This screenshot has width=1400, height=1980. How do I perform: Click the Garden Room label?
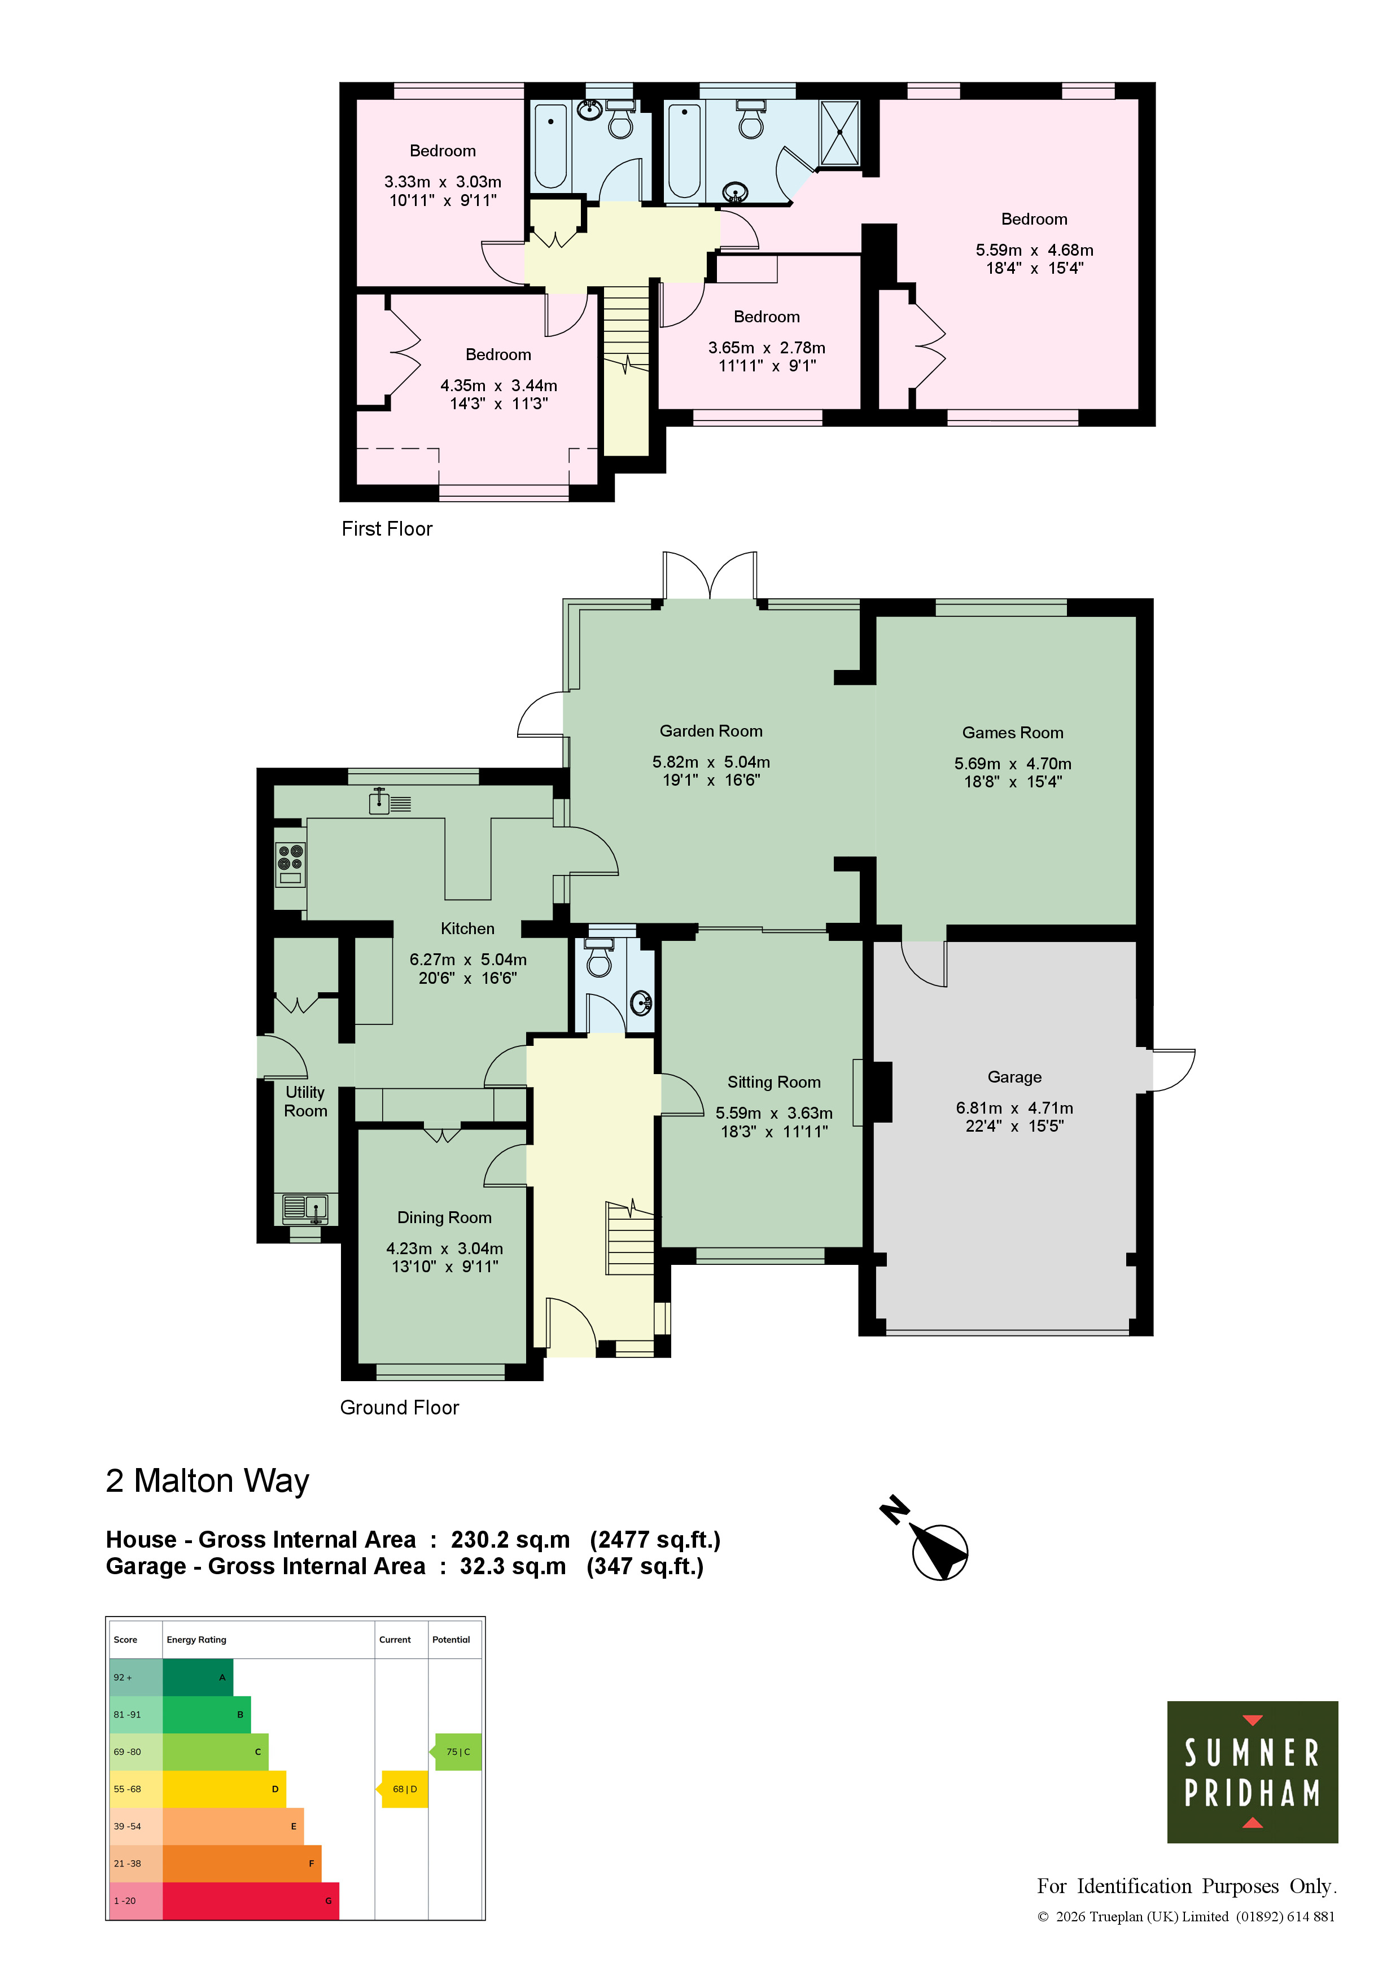pyautogui.click(x=711, y=731)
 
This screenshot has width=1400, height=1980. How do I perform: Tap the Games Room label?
pyautogui.click(x=1013, y=733)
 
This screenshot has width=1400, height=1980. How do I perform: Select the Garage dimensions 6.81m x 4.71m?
pyautogui.click(x=1014, y=1108)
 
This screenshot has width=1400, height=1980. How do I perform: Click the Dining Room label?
pyautogui.click(x=444, y=1217)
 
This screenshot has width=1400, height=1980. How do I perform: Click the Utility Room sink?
pyautogui.click(x=305, y=1208)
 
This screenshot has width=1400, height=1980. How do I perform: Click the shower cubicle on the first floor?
pyautogui.click(x=839, y=133)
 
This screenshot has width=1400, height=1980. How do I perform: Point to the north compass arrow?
pyautogui.click(x=937, y=1545)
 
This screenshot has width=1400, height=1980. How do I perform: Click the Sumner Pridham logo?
pyautogui.click(x=1252, y=1771)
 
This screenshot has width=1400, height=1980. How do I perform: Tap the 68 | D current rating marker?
pyautogui.click(x=403, y=1789)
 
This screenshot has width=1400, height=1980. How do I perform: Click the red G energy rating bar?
pyautogui.click(x=250, y=1900)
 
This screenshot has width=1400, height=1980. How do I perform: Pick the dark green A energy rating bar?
pyautogui.click(x=198, y=1677)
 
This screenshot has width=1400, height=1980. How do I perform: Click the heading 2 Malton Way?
pyautogui.click(x=207, y=1480)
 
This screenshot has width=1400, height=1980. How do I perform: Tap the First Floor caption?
pyautogui.click(x=387, y=529)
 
